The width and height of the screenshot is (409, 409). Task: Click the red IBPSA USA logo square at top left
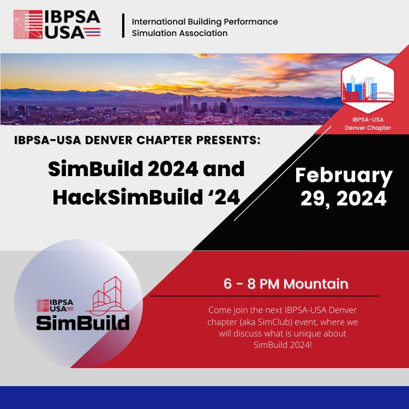point(28,24)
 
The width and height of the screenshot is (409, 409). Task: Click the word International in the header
point(159,22)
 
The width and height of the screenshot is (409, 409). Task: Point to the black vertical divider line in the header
point(123,25)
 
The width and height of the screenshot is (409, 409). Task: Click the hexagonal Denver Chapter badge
point(368,85)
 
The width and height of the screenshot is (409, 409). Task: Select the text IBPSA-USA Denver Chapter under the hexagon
point(368,124)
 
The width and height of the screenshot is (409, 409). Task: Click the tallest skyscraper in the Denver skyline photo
point(187,104)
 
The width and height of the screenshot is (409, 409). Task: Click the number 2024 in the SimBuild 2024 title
point(173,169)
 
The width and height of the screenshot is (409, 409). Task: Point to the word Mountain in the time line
point(316,284)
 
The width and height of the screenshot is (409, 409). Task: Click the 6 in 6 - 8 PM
point(227,284)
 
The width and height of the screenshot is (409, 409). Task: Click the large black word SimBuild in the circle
point(83,322)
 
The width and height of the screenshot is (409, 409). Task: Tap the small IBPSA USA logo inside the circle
point(55,305)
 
